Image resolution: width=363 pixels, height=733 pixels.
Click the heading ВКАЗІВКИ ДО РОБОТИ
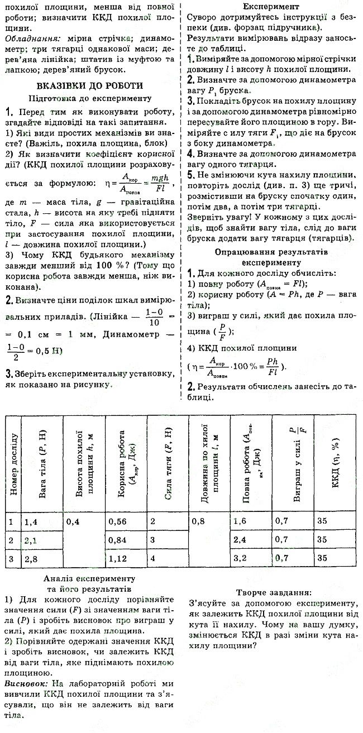pos(89,85)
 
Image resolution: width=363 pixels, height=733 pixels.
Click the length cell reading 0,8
pos(199,521)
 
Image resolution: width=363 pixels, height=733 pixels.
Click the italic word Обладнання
pos(28,40)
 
